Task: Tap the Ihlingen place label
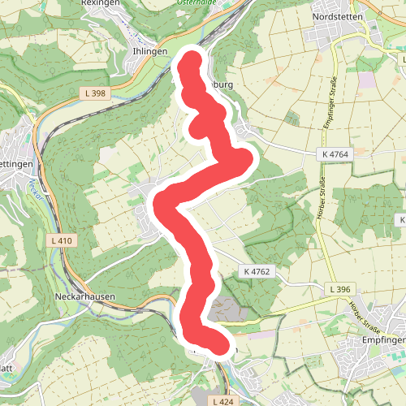coord(149,50)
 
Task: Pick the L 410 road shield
coord(61,241)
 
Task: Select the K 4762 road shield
coord(254,270)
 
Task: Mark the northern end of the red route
coord(192,63)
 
